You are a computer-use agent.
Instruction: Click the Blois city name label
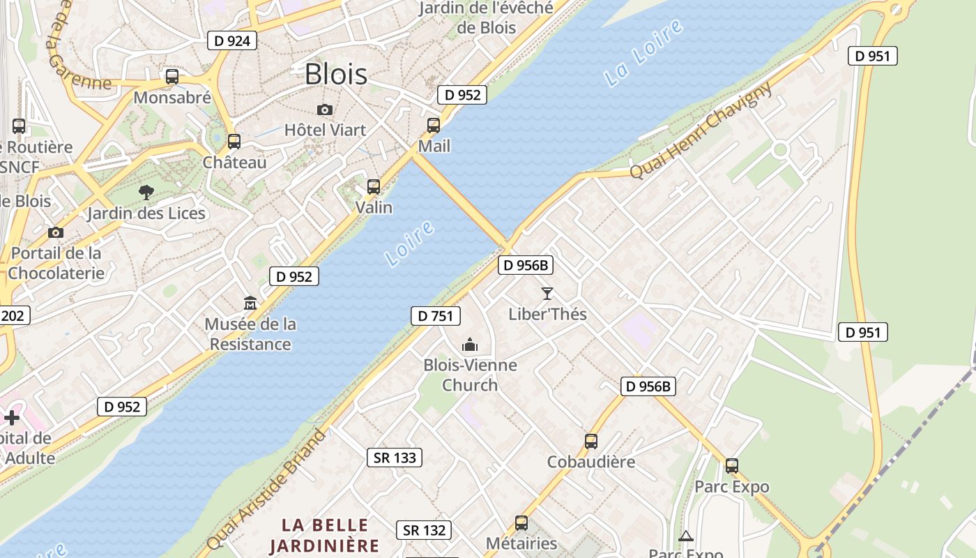[336, 74]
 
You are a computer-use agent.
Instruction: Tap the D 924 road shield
[232, 40]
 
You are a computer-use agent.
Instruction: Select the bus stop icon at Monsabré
[171, 77]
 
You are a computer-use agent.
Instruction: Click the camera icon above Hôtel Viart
[324, 110]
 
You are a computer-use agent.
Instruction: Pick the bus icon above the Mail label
[434, 126]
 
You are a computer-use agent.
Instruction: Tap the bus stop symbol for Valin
[374, 187]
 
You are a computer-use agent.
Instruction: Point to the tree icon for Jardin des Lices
[146, 193]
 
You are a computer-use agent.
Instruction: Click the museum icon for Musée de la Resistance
[250, 303]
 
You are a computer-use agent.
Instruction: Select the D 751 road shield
[436, 316]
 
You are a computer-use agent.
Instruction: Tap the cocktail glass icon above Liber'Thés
[547, 294]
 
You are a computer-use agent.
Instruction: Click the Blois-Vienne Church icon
[470, 345]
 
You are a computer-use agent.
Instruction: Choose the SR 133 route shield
[395, 458]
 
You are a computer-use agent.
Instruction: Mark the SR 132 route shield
[424, 530]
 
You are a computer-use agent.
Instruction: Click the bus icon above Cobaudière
[591, 442]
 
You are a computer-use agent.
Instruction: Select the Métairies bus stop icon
[521, 523]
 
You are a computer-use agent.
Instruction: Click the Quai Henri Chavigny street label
[701, 130]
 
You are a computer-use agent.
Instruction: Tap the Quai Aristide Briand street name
[267, 491]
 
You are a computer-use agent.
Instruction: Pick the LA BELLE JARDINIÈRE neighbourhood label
[324, 535]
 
